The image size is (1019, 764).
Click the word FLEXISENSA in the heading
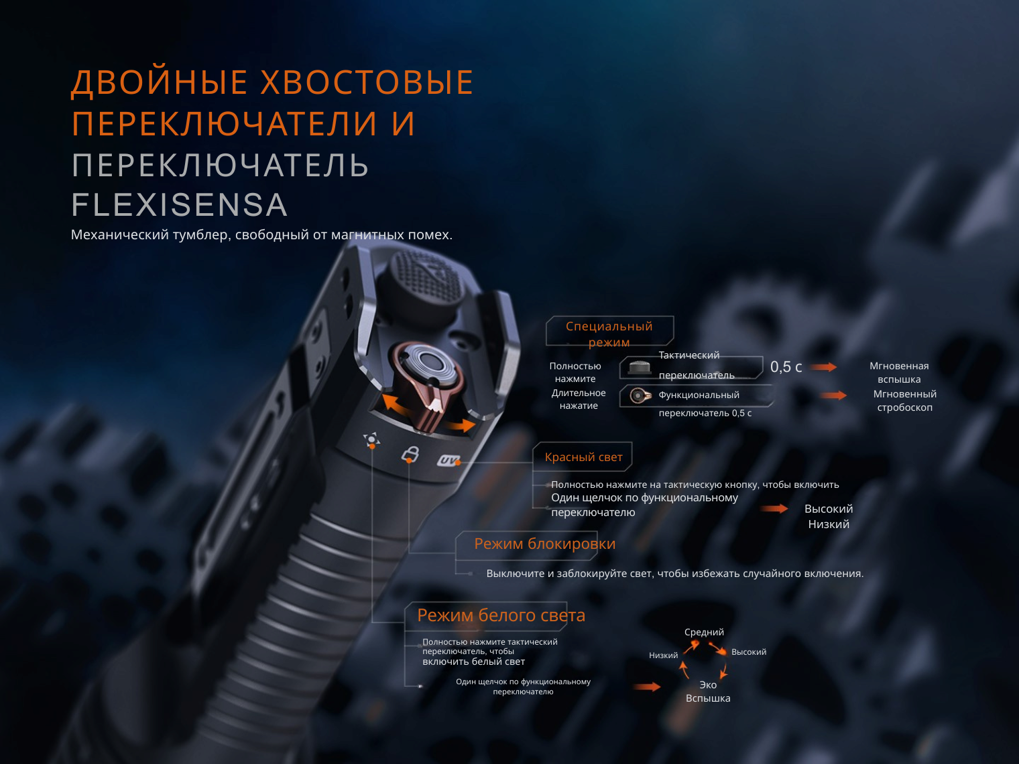(x=180, y=204)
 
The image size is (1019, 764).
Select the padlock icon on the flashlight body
(x=410, y=454)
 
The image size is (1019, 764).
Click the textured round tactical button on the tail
(x=426, y=278)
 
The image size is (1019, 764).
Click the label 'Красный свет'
(x=583, y=457)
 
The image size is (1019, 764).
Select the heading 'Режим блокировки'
(x=544, y=544)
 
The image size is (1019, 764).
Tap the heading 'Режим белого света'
(x=501, y=615)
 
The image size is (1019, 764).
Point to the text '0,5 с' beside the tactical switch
(x=786, y=367)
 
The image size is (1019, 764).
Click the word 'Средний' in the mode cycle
(x=704, y=632)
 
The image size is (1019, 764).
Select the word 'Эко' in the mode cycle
(x=708, y=685)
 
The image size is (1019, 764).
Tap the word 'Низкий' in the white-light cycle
(x=664, y=655)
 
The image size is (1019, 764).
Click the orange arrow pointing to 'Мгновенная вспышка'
(x=823, y=367)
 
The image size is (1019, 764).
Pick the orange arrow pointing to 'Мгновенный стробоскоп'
(x=834, y=395)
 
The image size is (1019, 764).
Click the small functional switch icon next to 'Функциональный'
(x=640, y=395)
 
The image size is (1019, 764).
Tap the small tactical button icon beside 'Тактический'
(x=639, y=367)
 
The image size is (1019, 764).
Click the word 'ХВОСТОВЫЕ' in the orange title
(x=367, y=82)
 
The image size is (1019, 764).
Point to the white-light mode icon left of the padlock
(x=371, y=439)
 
